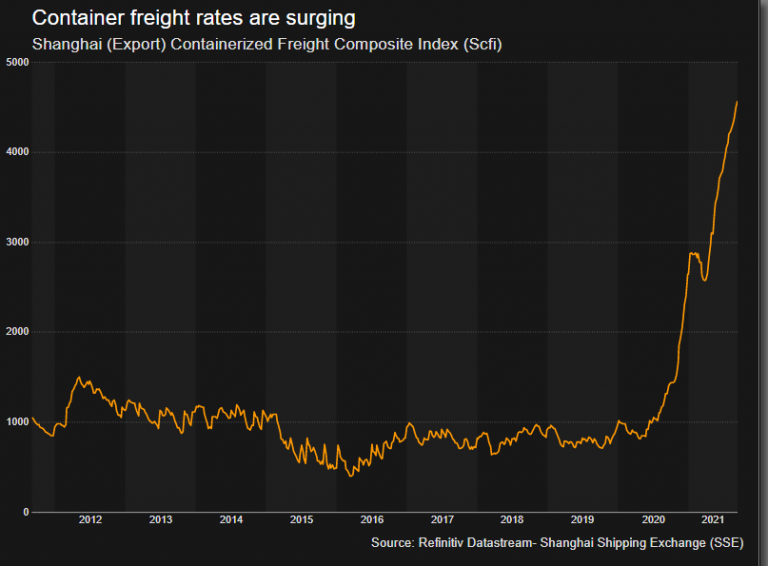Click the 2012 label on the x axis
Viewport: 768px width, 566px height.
[x=90, y=520]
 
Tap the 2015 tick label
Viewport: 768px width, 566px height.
[x=301, y=520]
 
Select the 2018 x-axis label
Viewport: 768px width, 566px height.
[x=511, y=520]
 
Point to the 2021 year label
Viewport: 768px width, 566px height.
[x=713, y=520]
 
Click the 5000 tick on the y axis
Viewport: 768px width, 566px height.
[x=17, y=63]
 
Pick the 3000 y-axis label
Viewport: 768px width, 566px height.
[x=17, y=243]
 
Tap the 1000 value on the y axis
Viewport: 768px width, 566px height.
[x=17, y=422]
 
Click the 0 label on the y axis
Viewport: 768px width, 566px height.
[x=25, y=512]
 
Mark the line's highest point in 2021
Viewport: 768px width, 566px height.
[x=737, y=101]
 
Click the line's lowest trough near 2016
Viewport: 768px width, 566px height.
[x=350, y=476]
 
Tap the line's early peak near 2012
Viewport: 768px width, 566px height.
[x=79, y=378]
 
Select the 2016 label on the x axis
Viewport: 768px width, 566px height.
[x=371, y=520]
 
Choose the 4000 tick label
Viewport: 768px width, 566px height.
[x=17, y=153]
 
